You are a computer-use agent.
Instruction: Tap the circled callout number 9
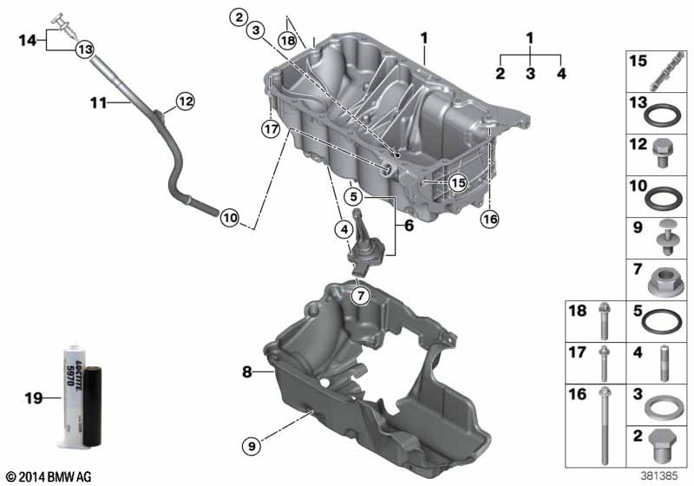click(252, 446)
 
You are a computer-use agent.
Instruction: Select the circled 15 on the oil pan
click(458, 182)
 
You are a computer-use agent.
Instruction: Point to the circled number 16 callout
click(490, 219)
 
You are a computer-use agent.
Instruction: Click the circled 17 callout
click(271, 128)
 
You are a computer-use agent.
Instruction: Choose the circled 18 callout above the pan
click(288, 41)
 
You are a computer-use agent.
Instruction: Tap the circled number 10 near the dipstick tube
click(230, 218)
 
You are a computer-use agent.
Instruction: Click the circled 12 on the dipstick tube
click(186, 102)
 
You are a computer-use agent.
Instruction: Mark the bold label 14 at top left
click(28, 40)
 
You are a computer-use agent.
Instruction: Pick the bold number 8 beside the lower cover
click(247, 371)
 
